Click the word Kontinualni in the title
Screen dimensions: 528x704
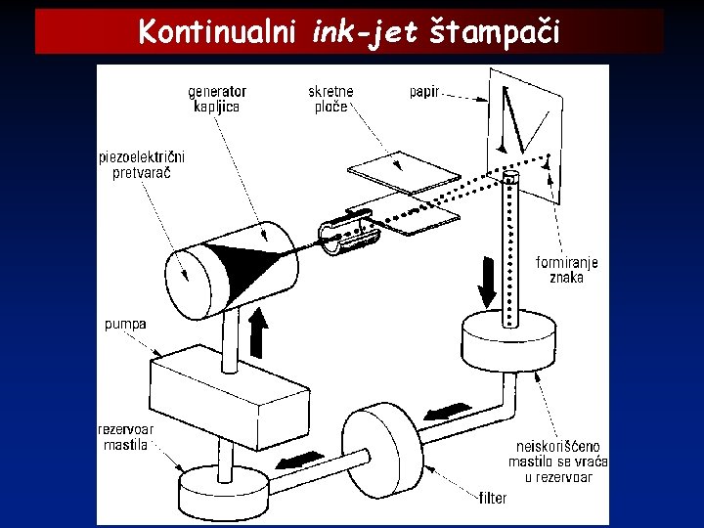pyautogui.click(x=218, y=32)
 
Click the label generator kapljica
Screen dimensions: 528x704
pyautogui.click(x=217, y=99)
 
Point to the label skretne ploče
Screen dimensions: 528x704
pyautogui.click(x=330, y=99)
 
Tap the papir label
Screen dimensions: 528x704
pyautogui.click(x=424, y=92)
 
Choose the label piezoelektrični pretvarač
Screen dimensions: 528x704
pyautogui.click(x=142, y=164)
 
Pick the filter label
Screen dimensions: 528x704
pyautogui.click(x=493, y=498)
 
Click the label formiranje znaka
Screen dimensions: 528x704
pyautogui.click(x=567, y=270)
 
